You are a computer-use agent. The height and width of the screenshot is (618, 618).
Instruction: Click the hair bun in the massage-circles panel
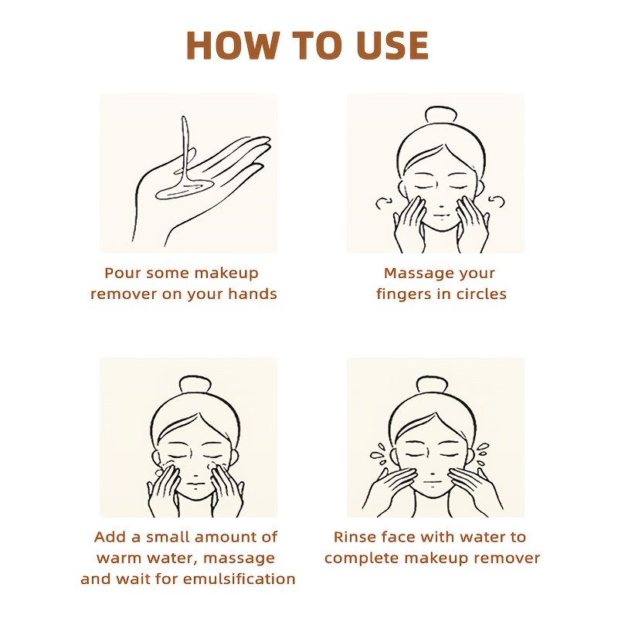[x=441, y=115]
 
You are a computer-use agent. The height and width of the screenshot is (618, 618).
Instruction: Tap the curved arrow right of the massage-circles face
[x=496, y=202]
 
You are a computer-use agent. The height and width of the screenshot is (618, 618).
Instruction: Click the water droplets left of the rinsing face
[x=379, y=454]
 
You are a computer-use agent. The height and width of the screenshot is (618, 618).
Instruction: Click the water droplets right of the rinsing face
[x=484, y=452]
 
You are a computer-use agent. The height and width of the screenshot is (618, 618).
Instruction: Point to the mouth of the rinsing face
[x=433, y=481]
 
